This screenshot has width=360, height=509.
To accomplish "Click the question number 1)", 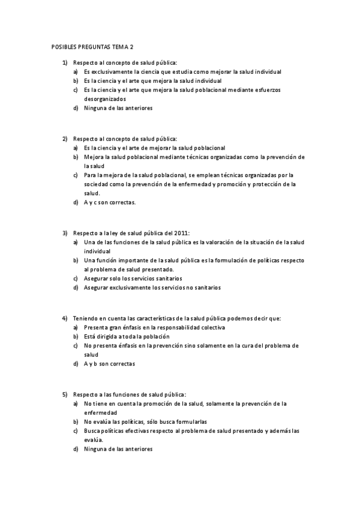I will point(65,62).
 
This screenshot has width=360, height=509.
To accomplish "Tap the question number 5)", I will point(65,394).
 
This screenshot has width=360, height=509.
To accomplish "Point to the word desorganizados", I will point(105,98).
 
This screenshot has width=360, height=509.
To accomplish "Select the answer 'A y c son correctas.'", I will point(110,202).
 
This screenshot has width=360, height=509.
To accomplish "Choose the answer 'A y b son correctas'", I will point(109,364).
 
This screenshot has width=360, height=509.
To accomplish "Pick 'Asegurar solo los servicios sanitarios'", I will point(133,279).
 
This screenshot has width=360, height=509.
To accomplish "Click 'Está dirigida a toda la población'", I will point(127,337).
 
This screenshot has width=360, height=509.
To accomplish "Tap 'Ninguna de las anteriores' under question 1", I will point(118,108).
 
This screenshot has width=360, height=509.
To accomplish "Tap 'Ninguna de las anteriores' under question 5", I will point(118,449).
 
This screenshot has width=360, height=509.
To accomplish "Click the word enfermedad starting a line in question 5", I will point(100,413).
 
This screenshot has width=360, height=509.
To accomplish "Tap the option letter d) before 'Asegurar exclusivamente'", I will point(76,288).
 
